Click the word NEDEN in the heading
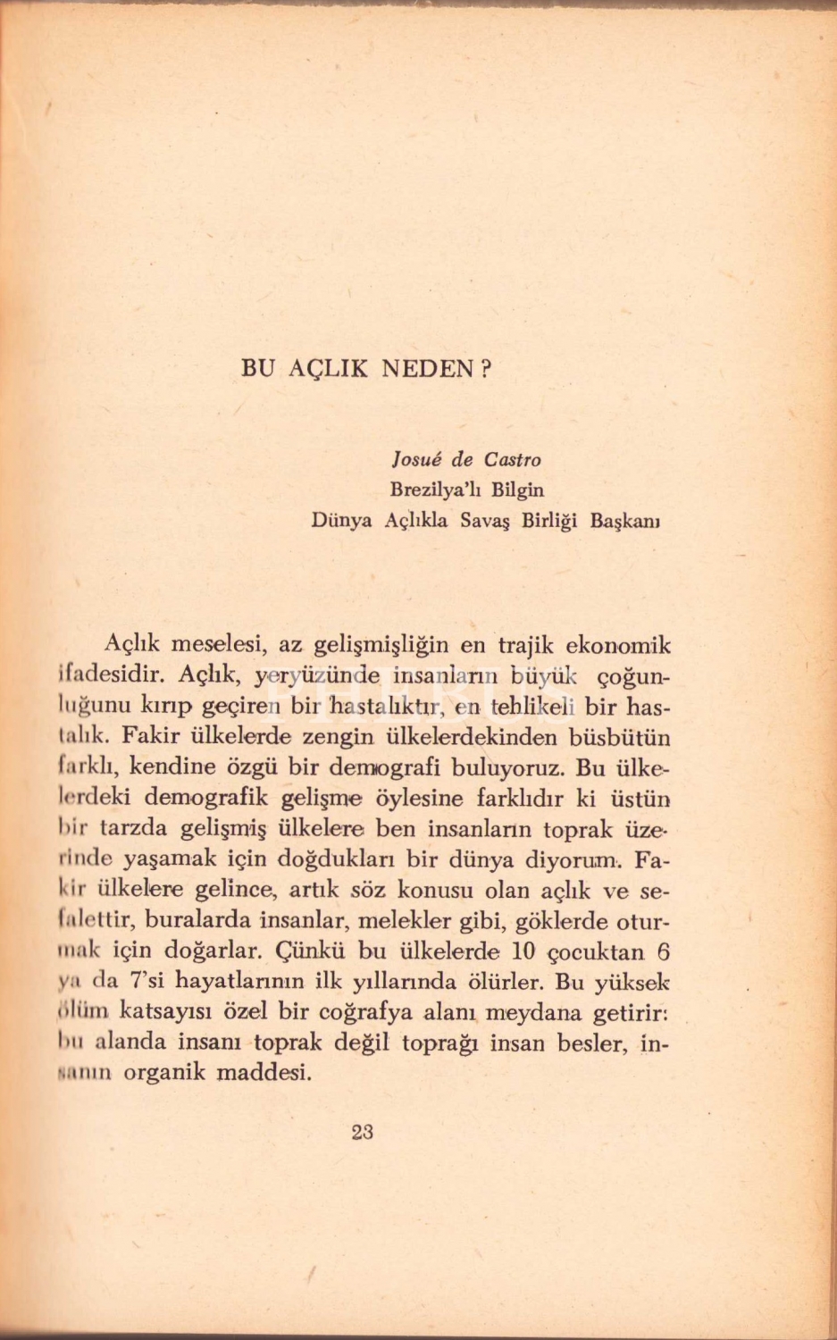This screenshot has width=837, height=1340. (x=425, y=369)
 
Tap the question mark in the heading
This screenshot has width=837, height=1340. (x=486, y=369)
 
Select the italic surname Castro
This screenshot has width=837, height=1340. (x=513, y=460)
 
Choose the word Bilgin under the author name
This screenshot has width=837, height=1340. (x=517, y=490)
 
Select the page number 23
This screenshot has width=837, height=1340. (x=362, y=1132)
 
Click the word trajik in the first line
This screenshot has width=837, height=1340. (x=526, y=645)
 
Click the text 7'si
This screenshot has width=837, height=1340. (x=145, y=981)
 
